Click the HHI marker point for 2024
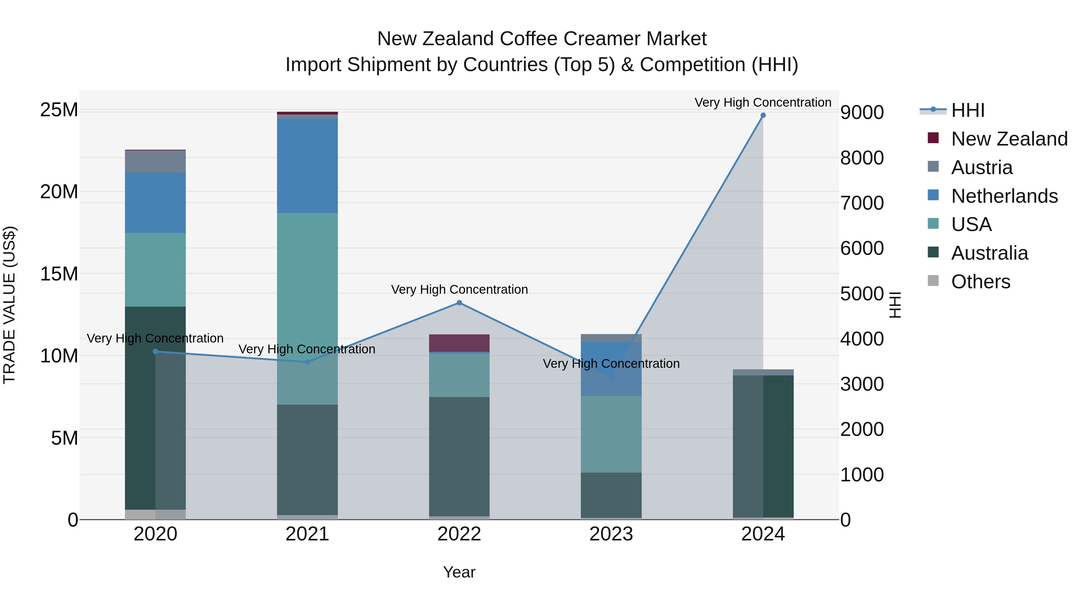pyautogui.click(x=763, y=115)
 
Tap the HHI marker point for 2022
pyautogui.click(x=459, y=303)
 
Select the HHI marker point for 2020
pyautogui.click(x=155, y=352)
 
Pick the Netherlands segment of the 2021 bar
pyautogui.click(x=307, y=165)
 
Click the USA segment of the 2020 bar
pyautogui.click(x=155, y=269)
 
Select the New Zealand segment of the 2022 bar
pyautogui.click(x=459, y=343)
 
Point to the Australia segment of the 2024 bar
pyautogui.click(x=763, y=446)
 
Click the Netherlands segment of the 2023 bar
pyautogui.click(x=611, y=369)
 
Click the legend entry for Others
pyautogui.click(x=980, y=282)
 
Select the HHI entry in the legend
pyautogui.click(x=967, y=110)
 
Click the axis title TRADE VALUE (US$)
pyautogui.click(x=9, y=305)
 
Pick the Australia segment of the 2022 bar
pyautogui.click(x=459, y=456)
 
